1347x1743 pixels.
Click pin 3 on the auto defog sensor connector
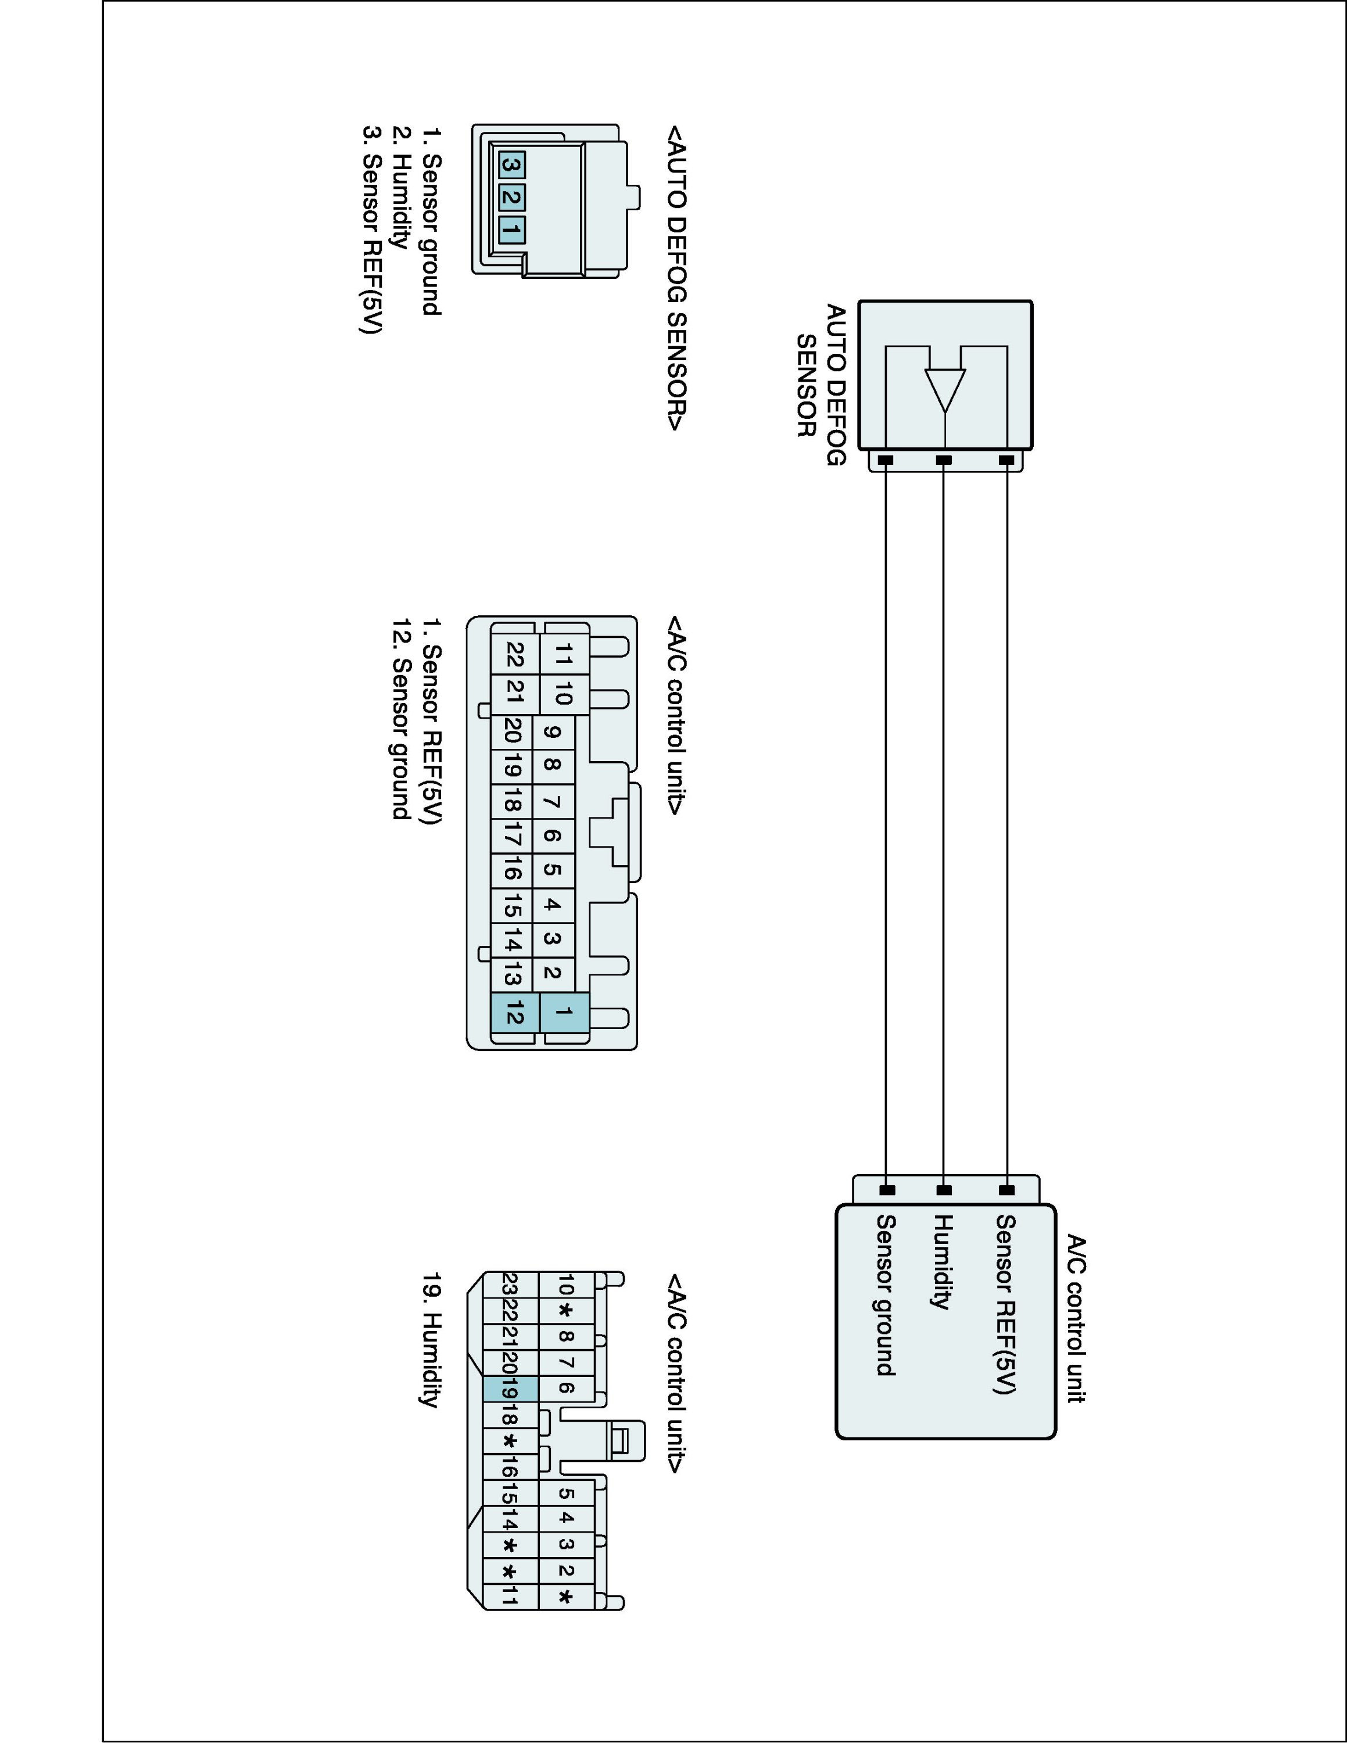point(511,166)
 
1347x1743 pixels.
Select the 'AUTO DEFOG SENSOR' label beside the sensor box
point(821,385)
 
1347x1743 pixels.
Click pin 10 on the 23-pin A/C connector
point(565,1286)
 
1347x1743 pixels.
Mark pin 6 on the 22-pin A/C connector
point(551,835)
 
